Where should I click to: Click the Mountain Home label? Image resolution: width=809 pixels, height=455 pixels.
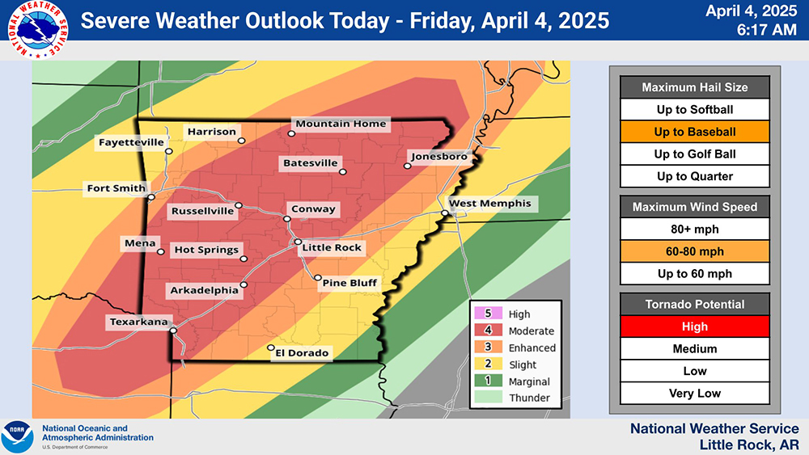[341, 124]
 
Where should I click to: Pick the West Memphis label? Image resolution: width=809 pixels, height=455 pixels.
[490, 203]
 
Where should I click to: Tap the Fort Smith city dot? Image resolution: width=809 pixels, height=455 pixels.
[150, 196]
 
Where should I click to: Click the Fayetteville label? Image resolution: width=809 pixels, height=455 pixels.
[131, 142]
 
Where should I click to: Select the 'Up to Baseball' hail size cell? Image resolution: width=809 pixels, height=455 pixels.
[695, 132]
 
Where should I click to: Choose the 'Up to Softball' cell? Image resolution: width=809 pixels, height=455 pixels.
[695, 109]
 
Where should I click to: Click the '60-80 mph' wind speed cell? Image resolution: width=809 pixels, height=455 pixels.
[695, 251]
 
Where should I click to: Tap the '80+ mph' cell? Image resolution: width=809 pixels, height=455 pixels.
[695, 229]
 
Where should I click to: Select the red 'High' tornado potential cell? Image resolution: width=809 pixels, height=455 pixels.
[695, 327]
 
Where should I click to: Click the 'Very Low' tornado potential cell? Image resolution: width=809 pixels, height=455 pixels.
[695, 394]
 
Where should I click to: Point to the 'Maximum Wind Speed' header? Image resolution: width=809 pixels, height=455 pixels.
[695, 207]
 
